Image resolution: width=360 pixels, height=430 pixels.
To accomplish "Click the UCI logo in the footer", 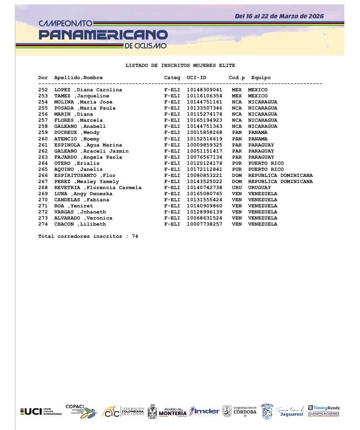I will [41, 411].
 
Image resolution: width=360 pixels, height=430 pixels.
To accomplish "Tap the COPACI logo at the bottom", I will [81, 411].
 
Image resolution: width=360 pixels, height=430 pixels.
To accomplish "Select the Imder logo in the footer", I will [204, 411].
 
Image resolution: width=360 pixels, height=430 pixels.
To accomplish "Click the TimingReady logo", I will [324, 411].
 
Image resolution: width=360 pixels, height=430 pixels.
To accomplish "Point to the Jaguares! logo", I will [291, 411].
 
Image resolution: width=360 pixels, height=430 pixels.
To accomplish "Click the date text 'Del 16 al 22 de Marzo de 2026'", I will [279, 17].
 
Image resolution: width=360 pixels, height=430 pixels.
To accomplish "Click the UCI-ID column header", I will [197, 78].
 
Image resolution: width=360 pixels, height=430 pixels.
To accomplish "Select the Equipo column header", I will [261, 78].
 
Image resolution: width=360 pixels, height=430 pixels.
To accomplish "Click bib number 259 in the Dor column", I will [43, 133].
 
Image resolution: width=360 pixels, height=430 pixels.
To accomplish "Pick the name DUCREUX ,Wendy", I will [77, 133].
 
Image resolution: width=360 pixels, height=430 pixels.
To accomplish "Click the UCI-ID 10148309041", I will [204, 90].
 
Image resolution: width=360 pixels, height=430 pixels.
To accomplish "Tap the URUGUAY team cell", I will [260, 188].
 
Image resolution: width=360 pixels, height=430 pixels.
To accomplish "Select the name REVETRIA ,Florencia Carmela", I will [98, 188].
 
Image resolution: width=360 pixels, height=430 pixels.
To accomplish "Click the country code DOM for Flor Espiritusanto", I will [237, 176].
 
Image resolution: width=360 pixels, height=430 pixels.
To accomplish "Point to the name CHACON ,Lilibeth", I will [80, 224].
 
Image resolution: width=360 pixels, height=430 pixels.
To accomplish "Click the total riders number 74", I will [135, 237].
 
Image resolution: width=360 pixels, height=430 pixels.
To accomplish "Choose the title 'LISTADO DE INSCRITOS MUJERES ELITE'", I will [180, 66].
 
